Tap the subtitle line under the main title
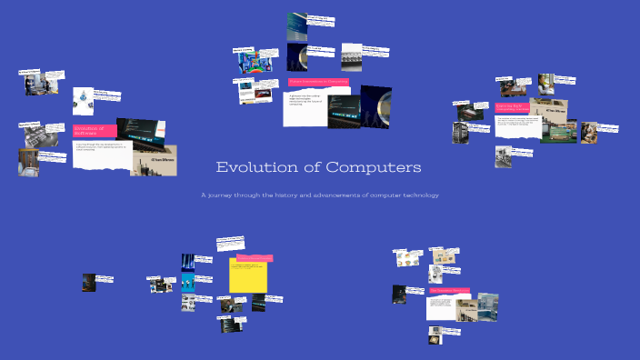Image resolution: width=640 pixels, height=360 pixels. (320, 195)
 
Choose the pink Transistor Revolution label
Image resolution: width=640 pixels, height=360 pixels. (449, 291)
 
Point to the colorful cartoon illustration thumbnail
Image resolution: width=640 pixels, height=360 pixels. (249, 61)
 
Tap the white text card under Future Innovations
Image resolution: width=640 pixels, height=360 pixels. (304, 107)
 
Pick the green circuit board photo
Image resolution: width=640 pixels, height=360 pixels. (558, 130)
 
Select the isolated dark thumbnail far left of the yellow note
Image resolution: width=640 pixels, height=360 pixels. (89, 282)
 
